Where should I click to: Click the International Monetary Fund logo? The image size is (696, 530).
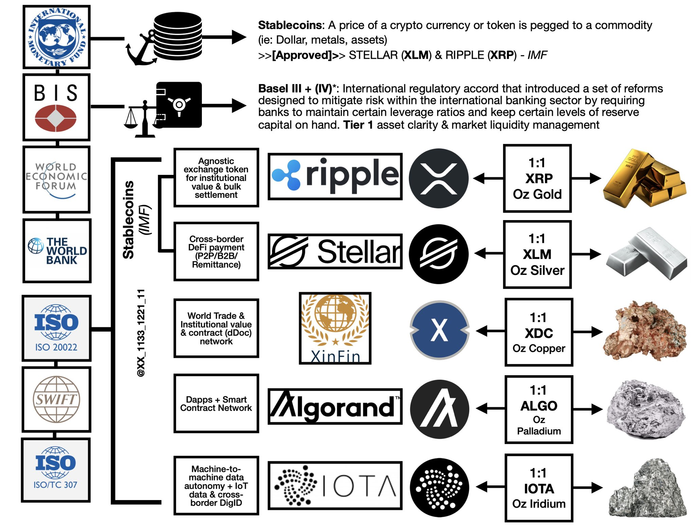(56, 37)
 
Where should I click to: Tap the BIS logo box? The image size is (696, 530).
(56, 107)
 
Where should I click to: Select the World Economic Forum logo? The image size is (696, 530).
(56, 179)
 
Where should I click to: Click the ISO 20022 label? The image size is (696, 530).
(56, 347)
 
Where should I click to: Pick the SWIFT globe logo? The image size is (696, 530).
(56, 399)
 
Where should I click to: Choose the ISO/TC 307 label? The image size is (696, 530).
(55, 485)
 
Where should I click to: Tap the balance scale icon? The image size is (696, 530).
(143, 119)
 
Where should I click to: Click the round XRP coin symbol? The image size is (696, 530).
(438, 178)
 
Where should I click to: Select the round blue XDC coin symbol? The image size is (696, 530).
(439, 330)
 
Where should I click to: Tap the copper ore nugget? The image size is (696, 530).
(644, 331)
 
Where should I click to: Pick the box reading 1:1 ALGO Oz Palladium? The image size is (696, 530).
(539, 410)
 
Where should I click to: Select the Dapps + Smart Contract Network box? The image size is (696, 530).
(216, 403)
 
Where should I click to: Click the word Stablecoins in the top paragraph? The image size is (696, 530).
(290, 25)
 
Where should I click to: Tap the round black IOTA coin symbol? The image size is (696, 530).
(439, 487)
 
